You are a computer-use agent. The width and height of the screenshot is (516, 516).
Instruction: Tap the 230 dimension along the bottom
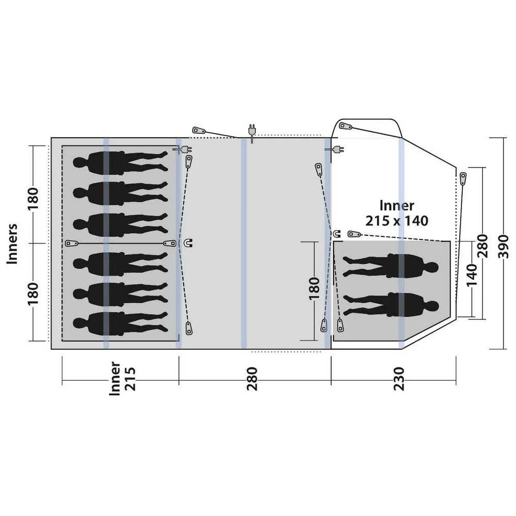point(399,378)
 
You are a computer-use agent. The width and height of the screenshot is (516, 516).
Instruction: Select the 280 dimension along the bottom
point(252,378)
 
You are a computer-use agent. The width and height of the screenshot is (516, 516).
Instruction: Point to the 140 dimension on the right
point(472,275)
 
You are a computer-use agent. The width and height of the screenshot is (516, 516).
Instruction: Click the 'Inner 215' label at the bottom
point(122,378)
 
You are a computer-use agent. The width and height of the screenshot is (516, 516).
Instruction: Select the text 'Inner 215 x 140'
point(397,213)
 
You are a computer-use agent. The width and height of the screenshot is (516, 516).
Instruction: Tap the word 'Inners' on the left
point(12,244)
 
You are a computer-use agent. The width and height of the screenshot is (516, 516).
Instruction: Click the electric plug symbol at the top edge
point(252,132)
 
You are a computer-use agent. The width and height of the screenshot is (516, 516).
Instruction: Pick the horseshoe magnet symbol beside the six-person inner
point(189,243)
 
